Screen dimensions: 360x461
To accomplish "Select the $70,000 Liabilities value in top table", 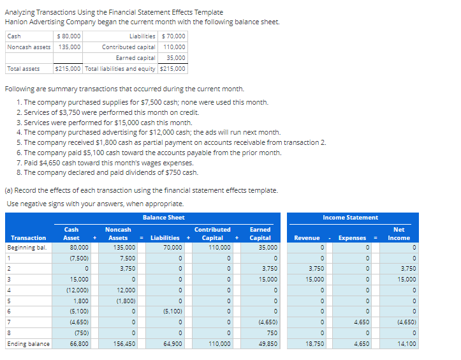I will pos(173,36).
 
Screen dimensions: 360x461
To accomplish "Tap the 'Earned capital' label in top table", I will pos(135,57).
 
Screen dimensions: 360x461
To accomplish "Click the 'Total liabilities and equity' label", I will pos(121,68).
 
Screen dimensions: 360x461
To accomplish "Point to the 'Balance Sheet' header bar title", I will pos(164,218).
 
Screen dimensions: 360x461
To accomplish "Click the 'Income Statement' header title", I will pos(350,218).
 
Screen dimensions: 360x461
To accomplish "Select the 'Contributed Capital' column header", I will pos(212,234).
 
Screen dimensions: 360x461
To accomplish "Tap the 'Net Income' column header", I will pos(399,234).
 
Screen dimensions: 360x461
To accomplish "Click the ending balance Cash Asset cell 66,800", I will pos(79,343).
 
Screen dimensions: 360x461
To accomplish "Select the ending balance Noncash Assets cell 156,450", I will pos(124,343).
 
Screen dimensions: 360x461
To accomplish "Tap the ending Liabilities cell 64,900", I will pos(172,343).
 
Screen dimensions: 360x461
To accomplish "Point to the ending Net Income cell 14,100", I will pos(406,343).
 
